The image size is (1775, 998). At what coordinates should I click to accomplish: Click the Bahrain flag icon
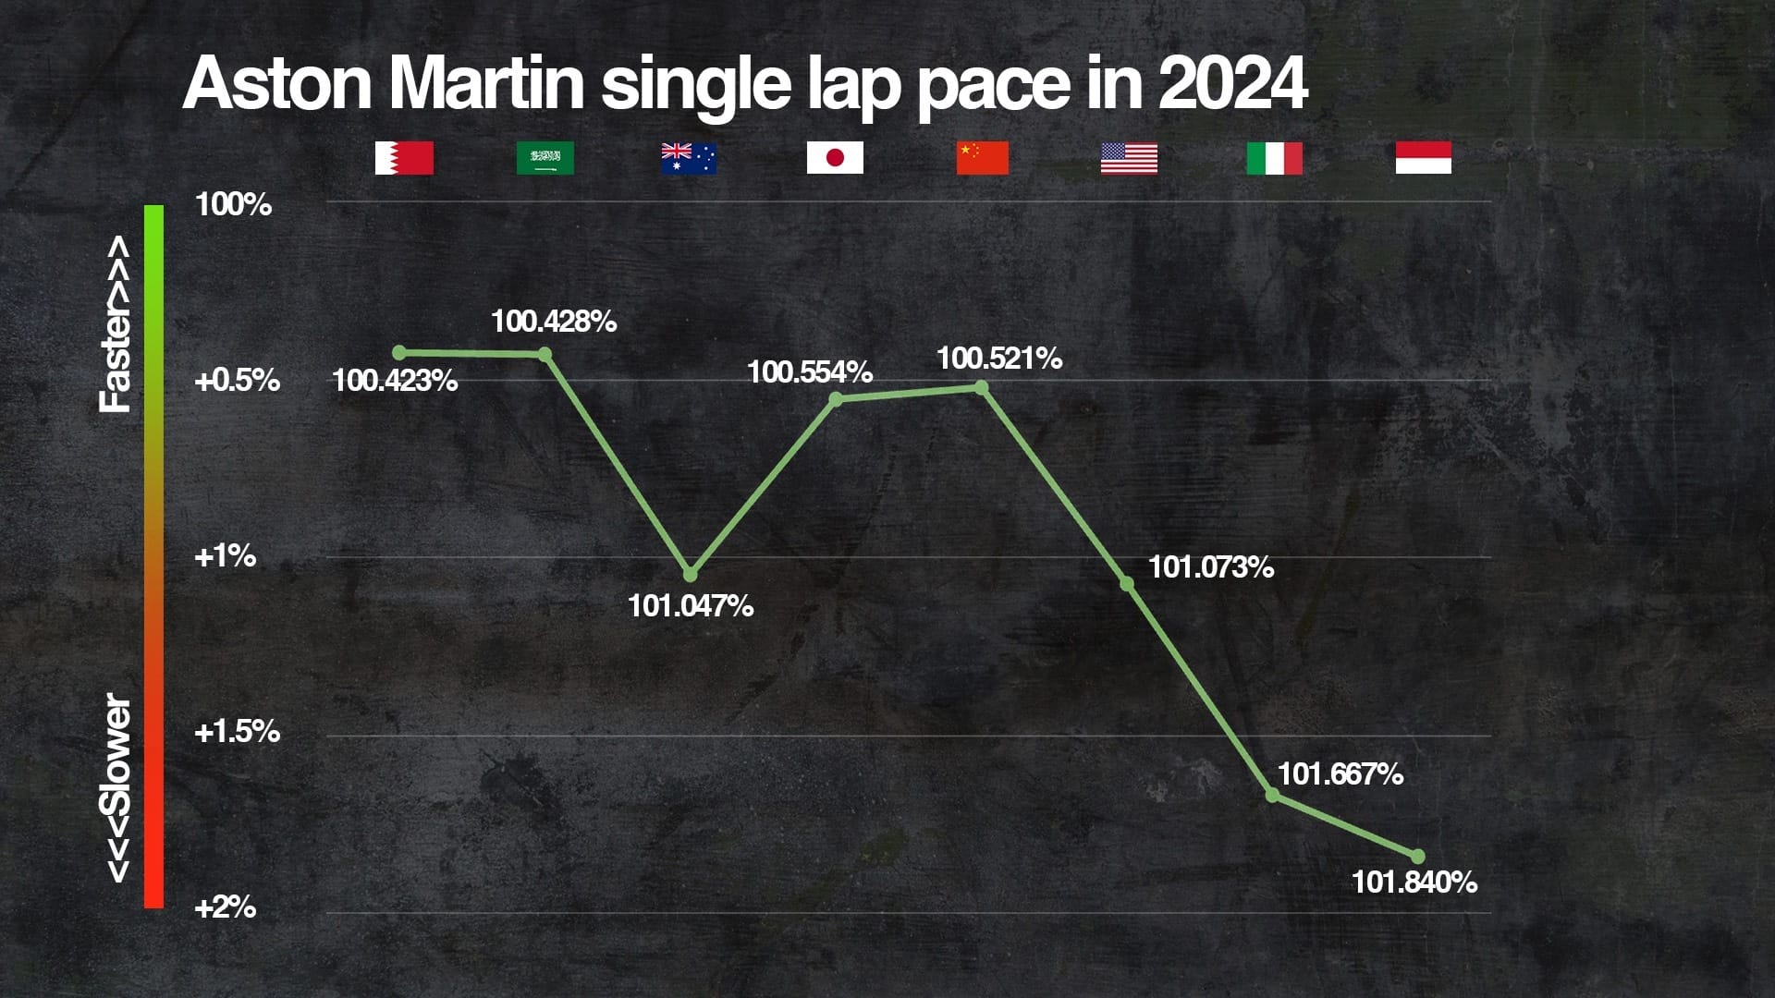[x=404, y=158]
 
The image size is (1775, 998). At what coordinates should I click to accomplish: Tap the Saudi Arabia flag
[x=545, y=158]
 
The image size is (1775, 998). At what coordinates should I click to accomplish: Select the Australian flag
[x=689, y=158]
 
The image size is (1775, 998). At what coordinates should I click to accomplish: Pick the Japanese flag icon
[x=835, y=158]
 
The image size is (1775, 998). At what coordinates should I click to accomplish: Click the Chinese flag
[x=982, y=158]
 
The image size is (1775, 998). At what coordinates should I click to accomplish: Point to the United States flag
[x=1129, y=158]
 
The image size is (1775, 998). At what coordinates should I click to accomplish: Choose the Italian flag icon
[x=1274, y=158]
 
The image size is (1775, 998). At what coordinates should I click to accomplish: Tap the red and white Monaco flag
[x=1423, y=158]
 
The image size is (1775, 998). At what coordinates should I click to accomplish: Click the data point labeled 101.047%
[x=690, y=574]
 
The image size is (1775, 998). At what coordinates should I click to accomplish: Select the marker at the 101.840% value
[x=1418, y=857]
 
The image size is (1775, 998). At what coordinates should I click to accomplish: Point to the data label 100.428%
[x=553, y=322]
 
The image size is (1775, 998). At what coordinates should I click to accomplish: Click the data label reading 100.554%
[x=809, y=372]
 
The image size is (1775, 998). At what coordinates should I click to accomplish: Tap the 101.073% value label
[x=1210, y=567]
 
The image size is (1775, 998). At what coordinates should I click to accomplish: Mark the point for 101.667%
[x=1272, y=795]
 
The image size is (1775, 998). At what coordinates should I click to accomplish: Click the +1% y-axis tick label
[x=225, y=556]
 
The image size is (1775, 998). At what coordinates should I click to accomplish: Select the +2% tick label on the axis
[x=225, y=907]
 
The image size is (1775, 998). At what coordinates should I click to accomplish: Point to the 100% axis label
[x=233, y=204]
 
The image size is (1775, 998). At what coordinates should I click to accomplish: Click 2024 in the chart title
[x=1231, y=83]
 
